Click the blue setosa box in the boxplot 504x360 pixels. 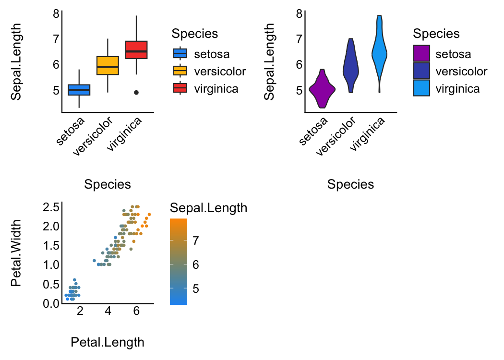coord(79,90)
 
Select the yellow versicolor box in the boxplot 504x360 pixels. coord(108,65)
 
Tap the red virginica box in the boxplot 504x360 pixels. coord(136,50)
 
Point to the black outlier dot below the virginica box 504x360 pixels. coord(136,93)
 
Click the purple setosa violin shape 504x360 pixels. coord(322,89)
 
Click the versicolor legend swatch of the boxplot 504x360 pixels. coord(180,71)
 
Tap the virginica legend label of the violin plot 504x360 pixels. coord(457,88)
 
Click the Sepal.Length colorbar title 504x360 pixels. coord(209,208)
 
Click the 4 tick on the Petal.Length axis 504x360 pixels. coord(108,311)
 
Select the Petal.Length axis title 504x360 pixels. coord(108,342)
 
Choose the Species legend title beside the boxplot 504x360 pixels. coord(195,34)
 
